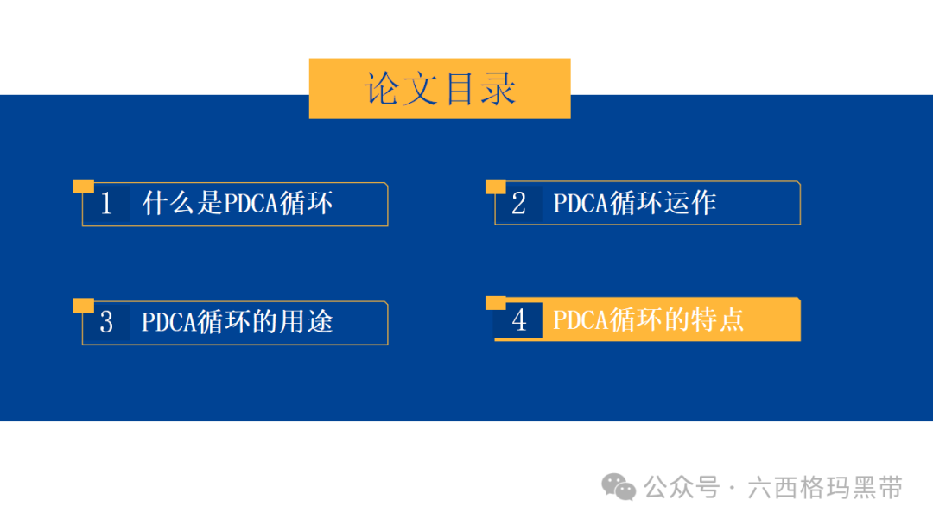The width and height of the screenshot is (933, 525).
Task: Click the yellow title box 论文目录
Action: [440, 89]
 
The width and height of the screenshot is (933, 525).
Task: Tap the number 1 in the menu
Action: [106, 203]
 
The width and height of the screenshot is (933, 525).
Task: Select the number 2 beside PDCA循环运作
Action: [518, 203]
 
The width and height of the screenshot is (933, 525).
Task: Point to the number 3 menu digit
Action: [106, 322]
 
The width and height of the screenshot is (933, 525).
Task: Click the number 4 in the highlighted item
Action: [519, 319]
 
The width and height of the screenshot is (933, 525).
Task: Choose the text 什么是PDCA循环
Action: [238, 203]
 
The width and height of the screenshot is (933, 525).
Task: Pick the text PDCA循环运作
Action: [635, 203]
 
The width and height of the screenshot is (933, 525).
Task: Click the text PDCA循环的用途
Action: [237, 322]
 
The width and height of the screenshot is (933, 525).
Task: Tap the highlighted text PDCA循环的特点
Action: [649, 319]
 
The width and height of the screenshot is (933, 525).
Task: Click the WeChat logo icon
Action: [619, 487]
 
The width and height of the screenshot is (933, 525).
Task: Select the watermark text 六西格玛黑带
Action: [825, 488]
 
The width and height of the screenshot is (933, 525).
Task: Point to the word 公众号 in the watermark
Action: [682, 488]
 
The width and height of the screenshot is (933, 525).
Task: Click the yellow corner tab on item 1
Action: [83, 187]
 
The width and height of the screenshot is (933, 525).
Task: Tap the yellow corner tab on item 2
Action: [496, 187]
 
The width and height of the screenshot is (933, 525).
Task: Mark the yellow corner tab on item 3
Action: [83, 305]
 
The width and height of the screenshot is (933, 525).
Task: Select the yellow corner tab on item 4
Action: [496, 302]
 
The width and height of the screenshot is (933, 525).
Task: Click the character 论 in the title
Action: [381, 89]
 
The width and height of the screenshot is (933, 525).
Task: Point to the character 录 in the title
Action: [498, 89]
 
